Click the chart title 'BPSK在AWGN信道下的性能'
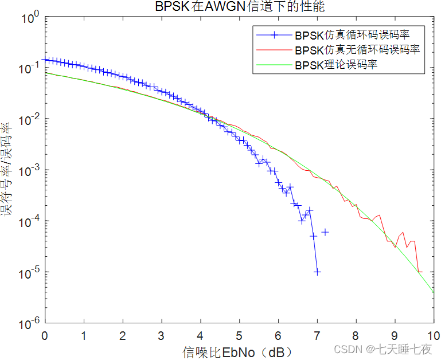243,6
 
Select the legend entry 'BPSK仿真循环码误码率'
352,35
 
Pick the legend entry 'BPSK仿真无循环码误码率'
357,50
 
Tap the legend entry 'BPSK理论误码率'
337,65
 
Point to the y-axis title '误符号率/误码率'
7,170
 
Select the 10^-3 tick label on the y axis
29,171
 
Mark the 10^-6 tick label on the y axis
29,323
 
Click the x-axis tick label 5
239,335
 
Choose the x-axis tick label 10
433,335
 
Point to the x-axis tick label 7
317,335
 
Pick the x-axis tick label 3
161,335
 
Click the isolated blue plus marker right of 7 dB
325,232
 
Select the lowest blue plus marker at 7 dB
317,272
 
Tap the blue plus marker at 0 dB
45,60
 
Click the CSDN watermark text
383,349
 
